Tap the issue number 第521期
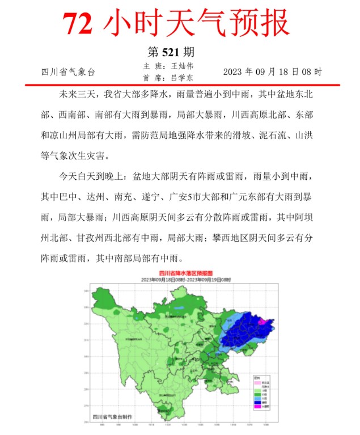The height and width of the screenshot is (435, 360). pyautogui.click(x=171, y=52)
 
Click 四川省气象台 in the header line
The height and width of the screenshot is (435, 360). pyautogui.click(x=67, y=72)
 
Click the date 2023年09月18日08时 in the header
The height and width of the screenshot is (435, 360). pyautogui.click(x=272, y=72)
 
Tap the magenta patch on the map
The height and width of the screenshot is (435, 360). pyautogui.click(x=262, y=321)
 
